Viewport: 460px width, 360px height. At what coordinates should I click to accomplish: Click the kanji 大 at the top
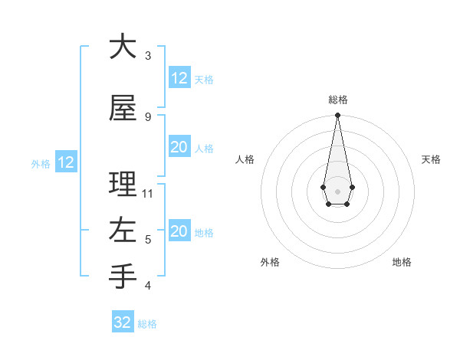point(123,47)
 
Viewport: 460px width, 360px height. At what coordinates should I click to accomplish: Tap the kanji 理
point(123,185)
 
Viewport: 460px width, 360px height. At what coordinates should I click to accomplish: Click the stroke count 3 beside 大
point(148,56)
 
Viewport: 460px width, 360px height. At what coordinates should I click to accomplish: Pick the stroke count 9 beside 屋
point(148,117)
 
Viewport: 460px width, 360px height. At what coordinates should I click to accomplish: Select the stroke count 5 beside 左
point(148,240)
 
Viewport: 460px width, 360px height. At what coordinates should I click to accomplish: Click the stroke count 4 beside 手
point(148,286)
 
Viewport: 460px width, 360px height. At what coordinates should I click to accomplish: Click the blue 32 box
point(123,322)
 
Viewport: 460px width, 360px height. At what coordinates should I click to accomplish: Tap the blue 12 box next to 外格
point(65,162)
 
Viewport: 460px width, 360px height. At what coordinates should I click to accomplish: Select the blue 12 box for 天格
point(179,78)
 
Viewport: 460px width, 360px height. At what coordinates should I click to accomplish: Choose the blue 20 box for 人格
point(179,147)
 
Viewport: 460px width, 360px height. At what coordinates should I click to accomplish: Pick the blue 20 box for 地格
point(179,231)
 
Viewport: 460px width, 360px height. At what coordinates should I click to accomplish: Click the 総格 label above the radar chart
point(338,100)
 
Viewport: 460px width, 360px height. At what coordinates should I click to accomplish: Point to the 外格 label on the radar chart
point(270,262)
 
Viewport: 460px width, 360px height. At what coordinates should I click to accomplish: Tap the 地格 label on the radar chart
point(402,262)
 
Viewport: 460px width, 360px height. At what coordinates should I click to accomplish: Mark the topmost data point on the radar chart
point(337,116)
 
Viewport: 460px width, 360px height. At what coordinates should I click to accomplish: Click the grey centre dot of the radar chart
point(337,191)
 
